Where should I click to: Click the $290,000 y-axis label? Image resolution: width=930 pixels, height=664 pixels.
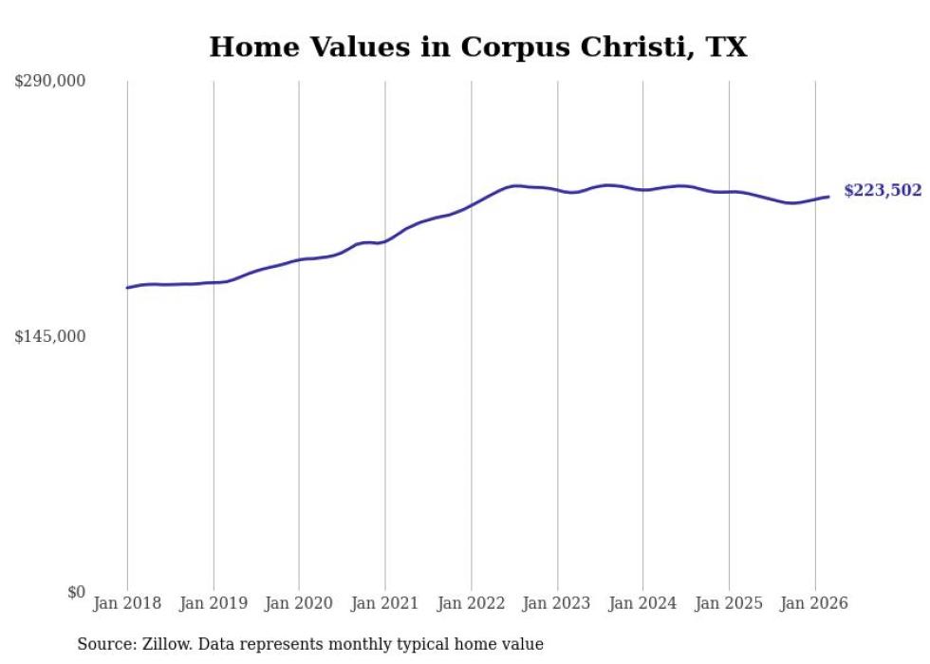[49, 82]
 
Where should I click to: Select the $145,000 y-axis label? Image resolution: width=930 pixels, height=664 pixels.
[49, 337]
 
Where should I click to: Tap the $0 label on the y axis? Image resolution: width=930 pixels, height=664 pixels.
[76, 593]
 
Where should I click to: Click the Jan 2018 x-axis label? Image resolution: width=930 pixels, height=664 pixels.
[127, 603]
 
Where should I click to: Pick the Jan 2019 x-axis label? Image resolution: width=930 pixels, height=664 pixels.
[214, 603]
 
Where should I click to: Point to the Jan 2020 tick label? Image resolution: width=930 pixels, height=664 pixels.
[299, 603]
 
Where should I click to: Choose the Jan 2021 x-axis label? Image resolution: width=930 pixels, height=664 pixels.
[385, 603]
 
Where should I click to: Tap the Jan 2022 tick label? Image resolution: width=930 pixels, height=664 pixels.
[472, 603]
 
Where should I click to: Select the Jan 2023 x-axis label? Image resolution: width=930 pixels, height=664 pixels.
[557, 603]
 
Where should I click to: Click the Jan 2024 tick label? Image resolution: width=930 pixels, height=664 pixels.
[643, 603]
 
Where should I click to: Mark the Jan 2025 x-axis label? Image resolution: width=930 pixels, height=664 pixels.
[729, 603]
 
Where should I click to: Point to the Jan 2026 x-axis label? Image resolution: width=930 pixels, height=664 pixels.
[815, 603]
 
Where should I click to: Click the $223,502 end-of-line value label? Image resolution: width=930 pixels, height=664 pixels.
[883, 191]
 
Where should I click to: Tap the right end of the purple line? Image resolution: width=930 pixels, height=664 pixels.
[828, 197]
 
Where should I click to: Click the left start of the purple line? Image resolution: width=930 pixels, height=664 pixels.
[128, 287]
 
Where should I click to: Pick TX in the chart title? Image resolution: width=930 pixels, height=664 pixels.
[726, 47]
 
